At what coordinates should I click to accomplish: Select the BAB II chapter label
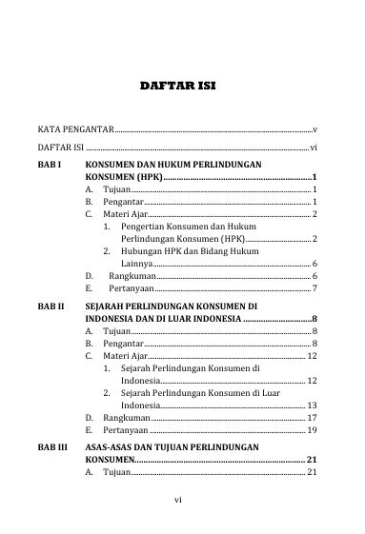tap(52, 307)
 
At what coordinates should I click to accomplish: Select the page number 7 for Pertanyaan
tap(314, 287)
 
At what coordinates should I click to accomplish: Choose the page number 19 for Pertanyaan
tap(312, 430)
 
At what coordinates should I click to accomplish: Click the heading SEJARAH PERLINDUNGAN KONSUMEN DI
tap(172, 307)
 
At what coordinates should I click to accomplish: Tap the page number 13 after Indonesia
tap(312, 405)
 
